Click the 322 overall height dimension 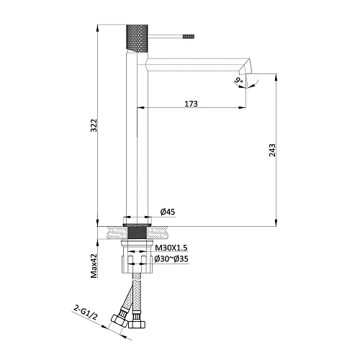click(x=91, y=125)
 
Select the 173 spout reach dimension click(x=190, y=104)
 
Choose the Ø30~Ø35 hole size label click(x=171, y=258)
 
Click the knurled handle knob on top click(x=138, y=36)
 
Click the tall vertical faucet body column click(x=138, y=144)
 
